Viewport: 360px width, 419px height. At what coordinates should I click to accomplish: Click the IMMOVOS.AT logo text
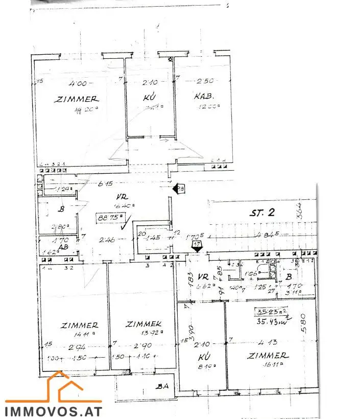coord(54,410)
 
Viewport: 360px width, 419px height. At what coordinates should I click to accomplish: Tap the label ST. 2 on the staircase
coord(262,213)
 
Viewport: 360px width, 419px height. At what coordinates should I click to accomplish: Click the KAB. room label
coord(203,96)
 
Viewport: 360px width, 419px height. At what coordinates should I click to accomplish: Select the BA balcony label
coord(164,386)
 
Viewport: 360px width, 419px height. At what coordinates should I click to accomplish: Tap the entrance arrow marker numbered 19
coord(179,189)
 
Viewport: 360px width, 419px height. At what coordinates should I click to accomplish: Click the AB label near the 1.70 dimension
coord(63,246)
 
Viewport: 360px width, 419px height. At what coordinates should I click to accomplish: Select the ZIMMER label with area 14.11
coord(79,324)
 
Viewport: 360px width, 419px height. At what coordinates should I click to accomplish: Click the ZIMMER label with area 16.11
coord(267,355)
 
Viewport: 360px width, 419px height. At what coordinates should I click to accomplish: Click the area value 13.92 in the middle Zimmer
coord(153,331)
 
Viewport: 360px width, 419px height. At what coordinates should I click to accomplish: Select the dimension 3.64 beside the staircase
coord(300,211)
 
